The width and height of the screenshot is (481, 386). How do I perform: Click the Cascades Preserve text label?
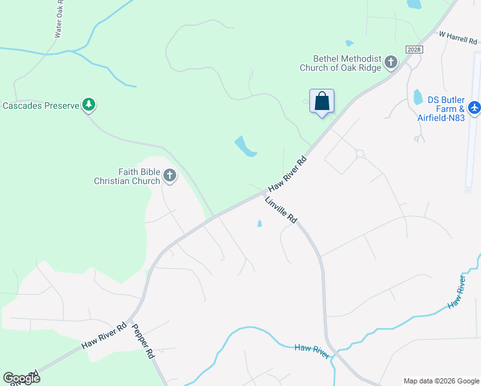point(40,106)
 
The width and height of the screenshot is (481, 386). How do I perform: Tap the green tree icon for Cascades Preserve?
point(89,105)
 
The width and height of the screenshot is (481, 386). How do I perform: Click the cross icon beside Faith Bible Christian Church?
point(170,175)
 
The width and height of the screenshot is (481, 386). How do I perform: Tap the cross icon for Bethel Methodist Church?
point(391,62)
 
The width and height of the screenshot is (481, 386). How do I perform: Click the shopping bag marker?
point(322,102)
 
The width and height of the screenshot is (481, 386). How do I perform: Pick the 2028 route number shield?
point(413,50)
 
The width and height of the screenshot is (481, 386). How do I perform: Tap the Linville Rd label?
point(281,210)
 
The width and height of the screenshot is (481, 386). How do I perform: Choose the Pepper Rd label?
point(143,340)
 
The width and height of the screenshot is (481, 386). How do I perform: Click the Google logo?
point(21,378)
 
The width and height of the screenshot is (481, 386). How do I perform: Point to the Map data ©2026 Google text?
point(440,381)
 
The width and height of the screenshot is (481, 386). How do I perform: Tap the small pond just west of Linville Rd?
point(259,224)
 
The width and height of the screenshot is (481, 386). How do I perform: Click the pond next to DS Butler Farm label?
point(418,96)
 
